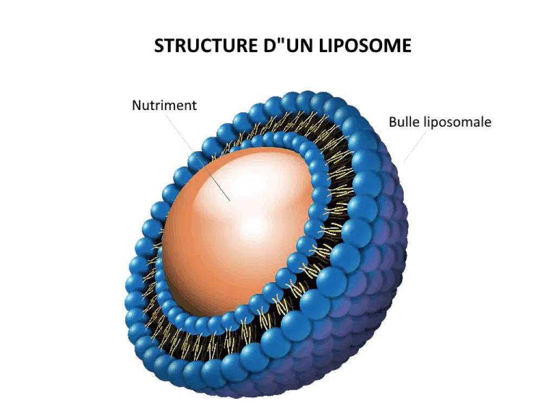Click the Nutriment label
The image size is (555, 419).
pyautogui.click(x=164, y=105)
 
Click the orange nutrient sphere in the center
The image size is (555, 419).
pyautogui.click(x=237, y=230)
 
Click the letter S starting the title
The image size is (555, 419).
pyautogui.click(x=159, y=46)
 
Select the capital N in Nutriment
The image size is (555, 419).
pyautogui.click(x=137, y=105)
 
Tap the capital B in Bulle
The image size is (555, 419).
pyautogui.click(x=392, y=122)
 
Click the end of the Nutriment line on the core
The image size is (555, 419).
pyautogui.click(x=230, y=201)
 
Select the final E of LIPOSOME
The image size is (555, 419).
pyautogui.click(x=406, y=46)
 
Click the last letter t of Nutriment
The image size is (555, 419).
pyautogui.click(x=195, y=106)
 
